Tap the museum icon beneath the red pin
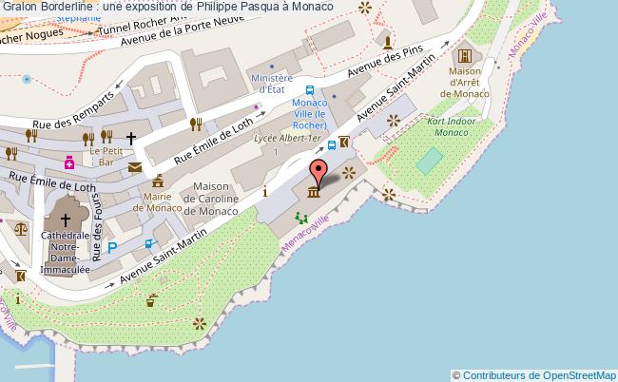[x=313, y=194]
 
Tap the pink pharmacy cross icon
[x=69, y=162]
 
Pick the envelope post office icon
[x=135, y=167]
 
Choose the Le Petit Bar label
[x=106, y=156]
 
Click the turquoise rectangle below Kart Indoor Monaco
[x=429, y=162]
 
